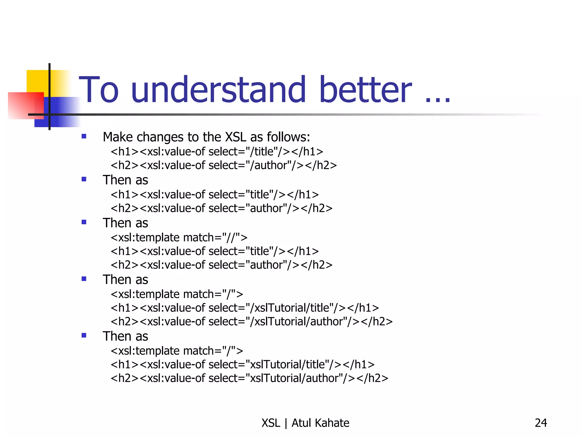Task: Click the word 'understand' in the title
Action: (x=218, y=90)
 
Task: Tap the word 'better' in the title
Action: (x=365, y=90)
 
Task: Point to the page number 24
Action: (x=541, y=423)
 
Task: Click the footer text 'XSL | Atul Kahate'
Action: (x=305, y=423)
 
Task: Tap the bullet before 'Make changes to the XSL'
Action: (x=84, y=136)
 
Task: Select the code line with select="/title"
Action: (x=217, y=152)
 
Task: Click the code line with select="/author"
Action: (x=224, y=165)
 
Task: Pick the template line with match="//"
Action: (x=179, y=237)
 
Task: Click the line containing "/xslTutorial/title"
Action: (x=245, y=308)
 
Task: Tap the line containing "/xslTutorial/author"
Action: (x=251, y=321)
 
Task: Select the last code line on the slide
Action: (x=249, y=378)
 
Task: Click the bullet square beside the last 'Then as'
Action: (x=84, y=335)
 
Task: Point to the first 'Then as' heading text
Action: (x=125, y=180)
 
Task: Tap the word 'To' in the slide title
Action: (x=98, y=90)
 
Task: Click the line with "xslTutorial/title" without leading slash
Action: (x=242, y=364)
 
